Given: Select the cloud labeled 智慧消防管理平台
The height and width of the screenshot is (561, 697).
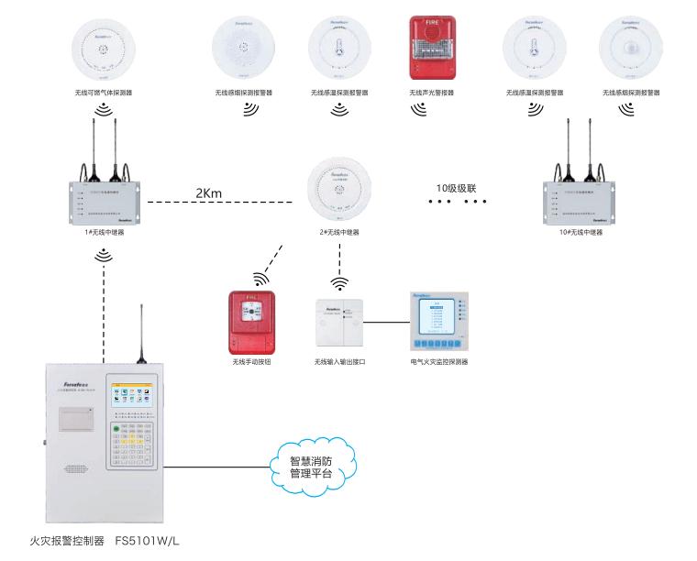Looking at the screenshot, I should [310, 467].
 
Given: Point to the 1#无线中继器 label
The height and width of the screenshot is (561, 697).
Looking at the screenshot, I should [104, 233].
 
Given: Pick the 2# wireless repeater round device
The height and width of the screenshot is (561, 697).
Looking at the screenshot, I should [339, 190].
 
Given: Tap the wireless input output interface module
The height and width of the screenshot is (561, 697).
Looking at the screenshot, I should [339, 324].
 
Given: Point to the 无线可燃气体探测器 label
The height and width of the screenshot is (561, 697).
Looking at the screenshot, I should [104, 93].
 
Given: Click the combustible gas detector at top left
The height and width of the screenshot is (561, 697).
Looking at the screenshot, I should [104, 50].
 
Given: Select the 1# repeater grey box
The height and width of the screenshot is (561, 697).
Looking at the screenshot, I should [104, 203].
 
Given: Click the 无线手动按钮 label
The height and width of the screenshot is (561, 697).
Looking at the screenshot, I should [252, 362].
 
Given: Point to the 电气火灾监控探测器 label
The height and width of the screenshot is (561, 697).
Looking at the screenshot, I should [439, 362].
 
